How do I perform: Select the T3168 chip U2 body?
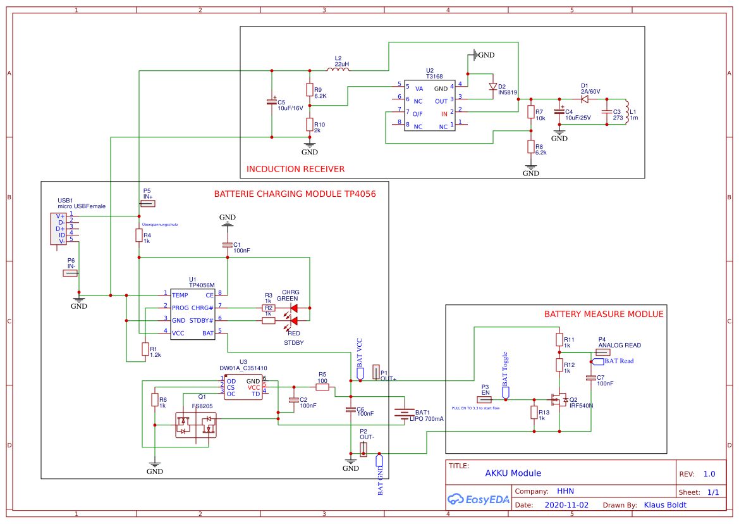point(430,106)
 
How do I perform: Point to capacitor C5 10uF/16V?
point(272,103)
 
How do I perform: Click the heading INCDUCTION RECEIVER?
point(296,169)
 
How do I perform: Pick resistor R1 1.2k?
point(145,349)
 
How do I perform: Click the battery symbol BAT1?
point(403,413)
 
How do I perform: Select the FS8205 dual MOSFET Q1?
point(195,425)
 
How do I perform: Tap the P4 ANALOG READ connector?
point(602,352)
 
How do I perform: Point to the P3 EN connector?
point(485,400)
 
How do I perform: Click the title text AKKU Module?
point(513,473)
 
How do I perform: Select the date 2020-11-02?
point(566,505)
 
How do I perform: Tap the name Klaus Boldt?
point(664,505)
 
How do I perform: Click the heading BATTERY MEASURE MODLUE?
point(604,314)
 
